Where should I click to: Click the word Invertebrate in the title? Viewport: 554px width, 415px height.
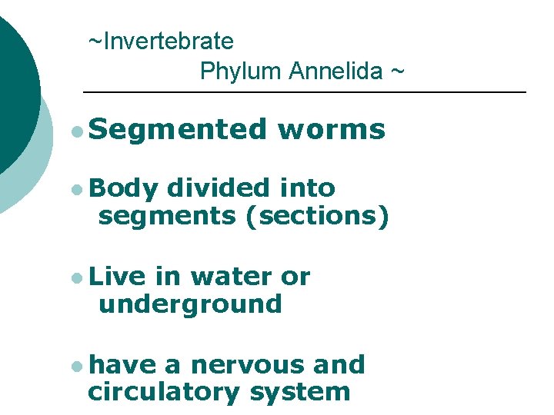pyautogui.click(x=168, y=41)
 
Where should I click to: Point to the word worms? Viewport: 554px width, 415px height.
pyautogui.click(x=332, y=130)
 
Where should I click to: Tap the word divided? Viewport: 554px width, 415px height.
pyautogui.click(x=218, y=188)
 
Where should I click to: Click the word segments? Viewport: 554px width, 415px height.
pyautogui.click(x=166, y=216)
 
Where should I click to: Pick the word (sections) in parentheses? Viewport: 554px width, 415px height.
pyautogui.click(x=316, y=216)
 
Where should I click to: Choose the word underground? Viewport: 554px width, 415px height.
pyautogui.click(x=190, y=304)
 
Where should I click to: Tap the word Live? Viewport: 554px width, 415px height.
pyautogui.click(x=121, y=277)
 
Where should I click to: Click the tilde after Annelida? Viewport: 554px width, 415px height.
pyautogui.click(x=396, y=71)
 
